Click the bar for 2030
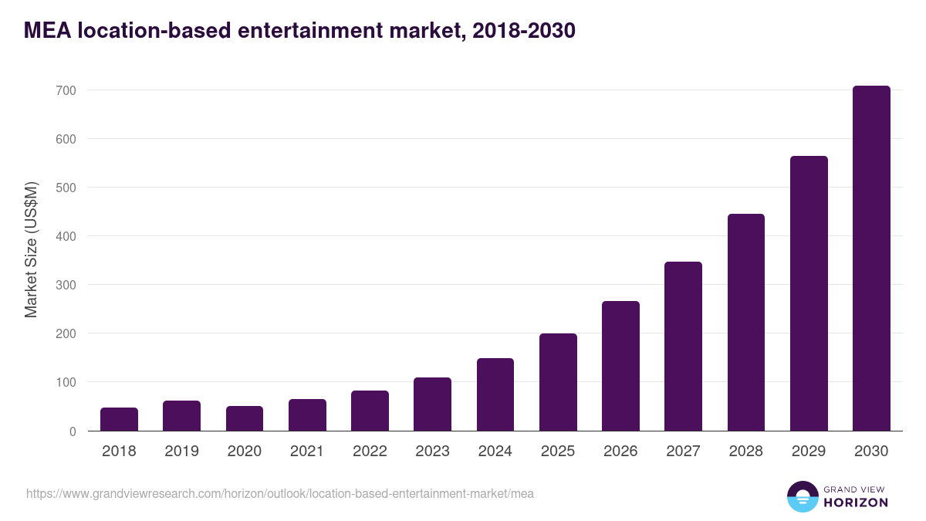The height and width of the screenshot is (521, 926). tap(871, 259)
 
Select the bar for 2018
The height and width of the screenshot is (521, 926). tap(119, 419)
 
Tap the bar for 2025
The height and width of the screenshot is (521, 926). tap(558, 382)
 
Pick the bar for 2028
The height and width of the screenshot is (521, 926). tap(746, 323)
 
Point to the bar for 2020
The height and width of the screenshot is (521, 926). tap(245, 418)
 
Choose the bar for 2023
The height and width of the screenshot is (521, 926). tap(432, 404)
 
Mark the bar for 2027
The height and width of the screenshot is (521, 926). tap(683, 347)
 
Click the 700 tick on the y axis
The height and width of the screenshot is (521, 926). tap(66, 90)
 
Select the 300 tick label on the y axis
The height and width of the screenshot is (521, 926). tap(66, 285)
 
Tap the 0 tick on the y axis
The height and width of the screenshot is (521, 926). tap(72, 431)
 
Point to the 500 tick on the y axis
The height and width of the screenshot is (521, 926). tap(66, 188)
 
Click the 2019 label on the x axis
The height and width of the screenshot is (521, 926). tap(181, 452)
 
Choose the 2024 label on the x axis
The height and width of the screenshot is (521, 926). tap(495, 452)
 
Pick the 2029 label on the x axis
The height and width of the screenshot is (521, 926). tap(809, 452)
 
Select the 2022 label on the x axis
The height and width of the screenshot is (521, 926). tap(370, 452)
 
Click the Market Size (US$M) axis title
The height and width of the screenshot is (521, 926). tap(31, 249)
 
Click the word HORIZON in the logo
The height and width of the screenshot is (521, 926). tap(856, 502)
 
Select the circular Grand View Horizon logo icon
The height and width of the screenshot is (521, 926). tap(802, 496)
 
